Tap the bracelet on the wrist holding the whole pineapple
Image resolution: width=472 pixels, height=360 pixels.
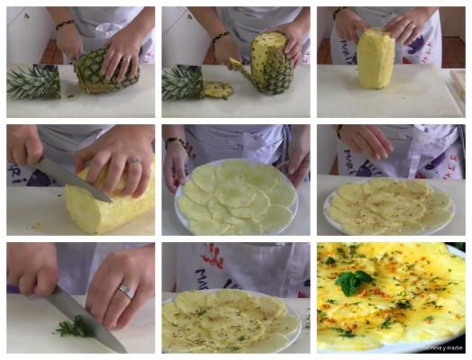click(x=66, y=25)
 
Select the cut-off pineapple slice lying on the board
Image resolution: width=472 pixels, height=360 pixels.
click(x=216, y=89)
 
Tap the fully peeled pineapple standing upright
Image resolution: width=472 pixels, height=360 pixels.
click(x=376, y=58)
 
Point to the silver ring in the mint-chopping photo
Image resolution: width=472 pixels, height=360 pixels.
click(x=126, y=292)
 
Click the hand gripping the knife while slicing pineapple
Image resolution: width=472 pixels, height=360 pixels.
click(x=24, y=146)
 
